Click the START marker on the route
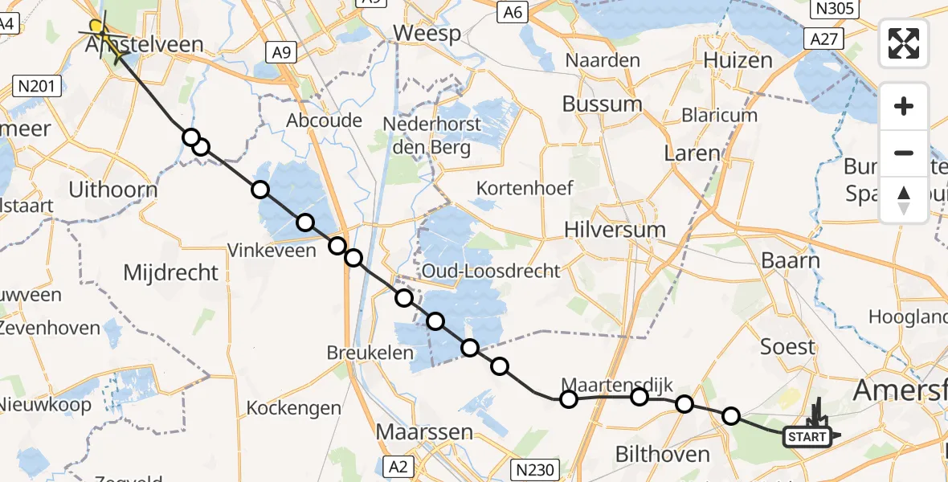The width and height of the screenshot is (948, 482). (807, 437)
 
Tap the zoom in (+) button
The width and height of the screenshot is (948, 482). (904, 106)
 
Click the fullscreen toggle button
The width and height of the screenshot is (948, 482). (904, 43)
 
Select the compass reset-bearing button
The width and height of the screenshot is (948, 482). (904, 200)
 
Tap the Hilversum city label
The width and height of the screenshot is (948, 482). (615, 230)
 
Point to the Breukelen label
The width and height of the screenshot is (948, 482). (370, 353)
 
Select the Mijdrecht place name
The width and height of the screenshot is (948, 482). (170, 272)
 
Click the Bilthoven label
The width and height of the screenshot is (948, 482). (662, 455)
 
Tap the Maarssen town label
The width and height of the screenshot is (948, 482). (426, 432)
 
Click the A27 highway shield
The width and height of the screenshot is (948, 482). (824, 39)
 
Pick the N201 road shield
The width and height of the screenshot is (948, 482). (38, 85)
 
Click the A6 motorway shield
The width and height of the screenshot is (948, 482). (514, 12)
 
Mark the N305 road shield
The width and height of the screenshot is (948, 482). (833, 10)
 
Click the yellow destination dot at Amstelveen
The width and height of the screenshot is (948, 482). (96, 26)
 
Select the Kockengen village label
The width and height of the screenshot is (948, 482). (294, 408)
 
